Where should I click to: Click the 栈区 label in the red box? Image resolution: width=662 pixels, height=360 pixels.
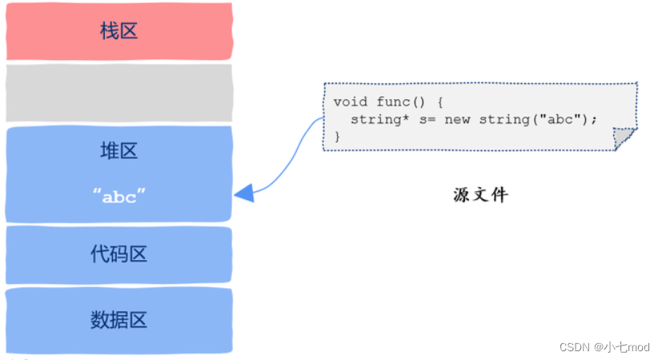tap(118, 31)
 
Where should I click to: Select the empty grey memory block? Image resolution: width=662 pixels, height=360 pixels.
tap(118, 93)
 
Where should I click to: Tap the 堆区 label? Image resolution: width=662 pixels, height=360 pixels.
tap(118, 150)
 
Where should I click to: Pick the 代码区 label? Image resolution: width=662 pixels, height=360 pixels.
tap(118, 254)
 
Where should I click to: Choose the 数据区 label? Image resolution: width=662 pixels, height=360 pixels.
tap(118, 321)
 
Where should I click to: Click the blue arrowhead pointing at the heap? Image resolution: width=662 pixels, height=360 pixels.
tap(244, 193)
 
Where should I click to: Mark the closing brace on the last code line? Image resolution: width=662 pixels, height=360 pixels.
tap(337, 136)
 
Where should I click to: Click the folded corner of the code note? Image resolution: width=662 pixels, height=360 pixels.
tap(624, 139)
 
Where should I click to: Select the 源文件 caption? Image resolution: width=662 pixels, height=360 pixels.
tap(479, 194)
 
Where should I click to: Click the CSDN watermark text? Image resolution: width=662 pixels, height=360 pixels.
tap(574, 346)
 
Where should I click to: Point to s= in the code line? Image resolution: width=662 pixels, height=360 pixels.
tap(424, 119)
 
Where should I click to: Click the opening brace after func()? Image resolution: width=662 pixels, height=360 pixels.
tap(439, 102)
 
